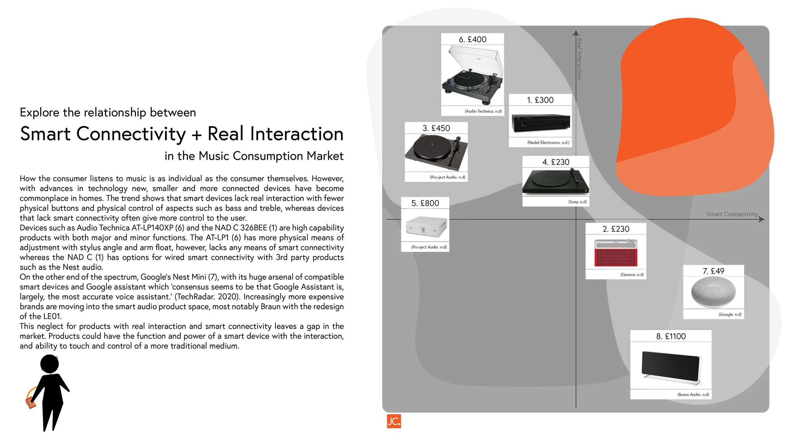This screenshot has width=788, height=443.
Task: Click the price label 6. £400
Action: (472, 39)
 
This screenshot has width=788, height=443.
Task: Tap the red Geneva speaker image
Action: (616, 253)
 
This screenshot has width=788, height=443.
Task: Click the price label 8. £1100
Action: (671, 336)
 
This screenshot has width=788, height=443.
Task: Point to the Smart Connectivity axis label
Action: (732, 214)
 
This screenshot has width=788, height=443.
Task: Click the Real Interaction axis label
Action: (579, 59)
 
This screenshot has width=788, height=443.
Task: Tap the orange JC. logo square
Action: (394, 421)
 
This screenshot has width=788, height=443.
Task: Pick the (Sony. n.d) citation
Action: (577, 202)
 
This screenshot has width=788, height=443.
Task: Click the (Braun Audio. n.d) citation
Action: (693, 394)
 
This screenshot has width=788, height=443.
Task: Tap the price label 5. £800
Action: (425, 203)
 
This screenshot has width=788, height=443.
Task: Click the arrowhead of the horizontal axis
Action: (762, 219)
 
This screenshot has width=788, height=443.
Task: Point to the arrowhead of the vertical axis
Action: (576, 33)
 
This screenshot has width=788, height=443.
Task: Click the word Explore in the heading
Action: (39, 112)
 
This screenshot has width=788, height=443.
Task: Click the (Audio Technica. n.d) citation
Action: (483, 111)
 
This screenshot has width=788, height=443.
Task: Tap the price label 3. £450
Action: (436, 128)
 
